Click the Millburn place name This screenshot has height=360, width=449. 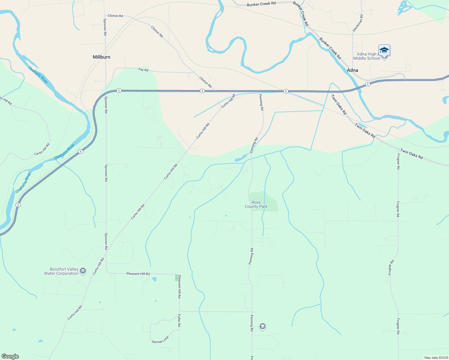101,57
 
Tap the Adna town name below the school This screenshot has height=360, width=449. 352,70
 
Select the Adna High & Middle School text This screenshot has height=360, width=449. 366,56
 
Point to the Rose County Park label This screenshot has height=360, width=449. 256,204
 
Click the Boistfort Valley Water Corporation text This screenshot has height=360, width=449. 61,271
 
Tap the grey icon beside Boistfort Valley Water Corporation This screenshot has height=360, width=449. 83,271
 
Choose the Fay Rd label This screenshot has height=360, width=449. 143,70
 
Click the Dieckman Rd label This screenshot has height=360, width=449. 358,23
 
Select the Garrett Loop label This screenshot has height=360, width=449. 160,340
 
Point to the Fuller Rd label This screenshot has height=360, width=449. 179,320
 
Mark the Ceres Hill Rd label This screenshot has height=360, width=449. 42,149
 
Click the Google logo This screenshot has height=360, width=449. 10,356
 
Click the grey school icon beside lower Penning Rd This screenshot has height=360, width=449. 263,326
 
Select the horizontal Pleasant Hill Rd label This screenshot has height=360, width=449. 138,274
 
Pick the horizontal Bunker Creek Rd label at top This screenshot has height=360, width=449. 261,4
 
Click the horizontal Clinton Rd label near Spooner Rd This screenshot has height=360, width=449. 115,16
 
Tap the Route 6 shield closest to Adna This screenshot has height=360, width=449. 368,84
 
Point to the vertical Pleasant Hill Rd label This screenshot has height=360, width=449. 179,286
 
